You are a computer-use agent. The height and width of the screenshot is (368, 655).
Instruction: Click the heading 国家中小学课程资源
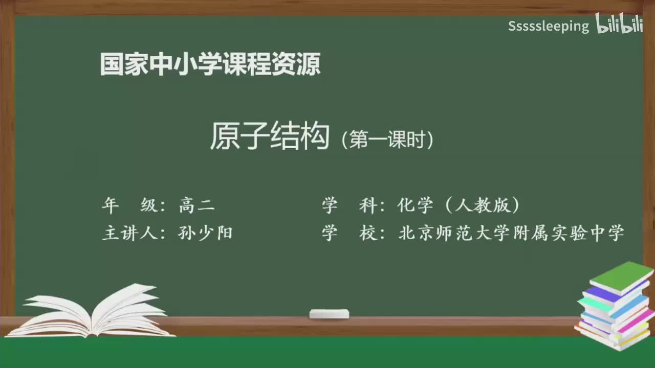(x=210, y=65)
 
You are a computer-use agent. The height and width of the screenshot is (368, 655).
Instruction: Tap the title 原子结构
(x=269, y=136)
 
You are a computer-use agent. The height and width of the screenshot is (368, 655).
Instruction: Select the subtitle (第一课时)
(x=388, y=140)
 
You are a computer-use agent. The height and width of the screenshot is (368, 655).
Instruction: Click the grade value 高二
(x=197, y=205)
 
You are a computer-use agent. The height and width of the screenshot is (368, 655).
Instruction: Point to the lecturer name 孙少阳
(x=205, y=233)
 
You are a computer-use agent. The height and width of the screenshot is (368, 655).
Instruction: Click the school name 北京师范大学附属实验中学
(x=511, y=233)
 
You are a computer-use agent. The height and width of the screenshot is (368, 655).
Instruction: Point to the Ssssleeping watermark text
(x=548, y=26)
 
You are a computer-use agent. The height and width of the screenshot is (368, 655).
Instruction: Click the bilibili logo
(x=619, y=25)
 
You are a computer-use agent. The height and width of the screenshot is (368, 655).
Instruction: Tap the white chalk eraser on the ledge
(x=329, y=313)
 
